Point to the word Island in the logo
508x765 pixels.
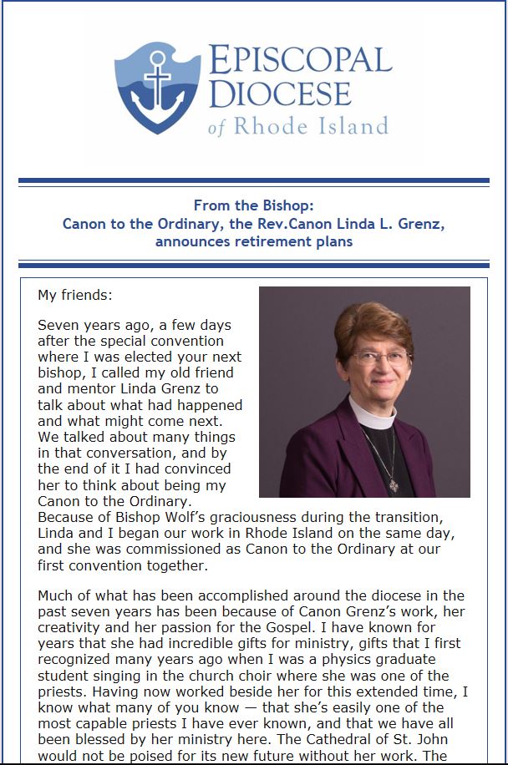[355, 126]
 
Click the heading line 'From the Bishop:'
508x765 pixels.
[253, 205]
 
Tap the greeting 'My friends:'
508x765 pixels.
[74, 295]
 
